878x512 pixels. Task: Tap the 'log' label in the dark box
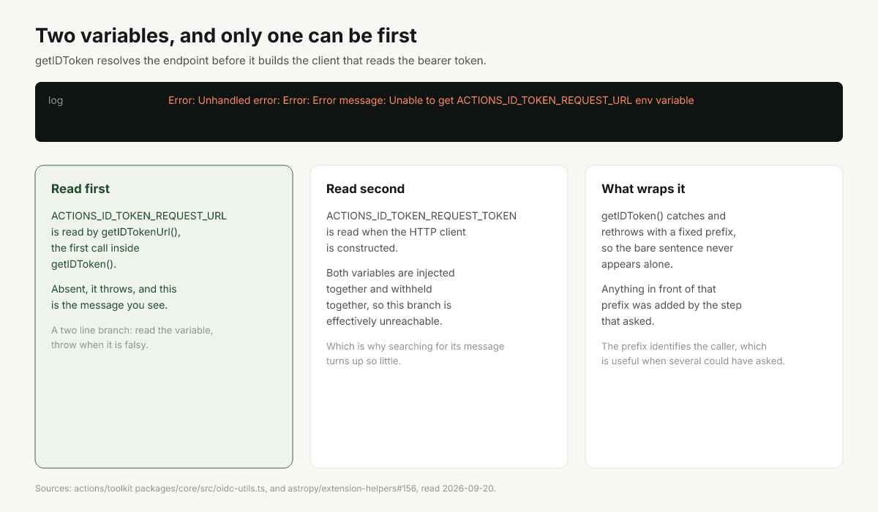(56, 101)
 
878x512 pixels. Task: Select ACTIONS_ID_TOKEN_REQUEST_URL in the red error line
(544, 101)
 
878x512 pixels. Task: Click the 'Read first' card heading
(80, 189)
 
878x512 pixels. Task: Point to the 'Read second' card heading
(365, 189)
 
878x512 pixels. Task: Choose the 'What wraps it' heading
(643, 189)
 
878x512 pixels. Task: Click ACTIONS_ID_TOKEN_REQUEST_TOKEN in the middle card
(421, 216)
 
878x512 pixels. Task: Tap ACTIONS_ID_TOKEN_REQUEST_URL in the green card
(139, 216)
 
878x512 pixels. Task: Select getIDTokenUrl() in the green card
(140, 233)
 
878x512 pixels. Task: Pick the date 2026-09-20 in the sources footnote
(469, 489)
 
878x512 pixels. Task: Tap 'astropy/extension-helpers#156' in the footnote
(352, 489)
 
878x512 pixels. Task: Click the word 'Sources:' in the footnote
(53, 489)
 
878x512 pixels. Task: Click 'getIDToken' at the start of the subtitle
(64, 61)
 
